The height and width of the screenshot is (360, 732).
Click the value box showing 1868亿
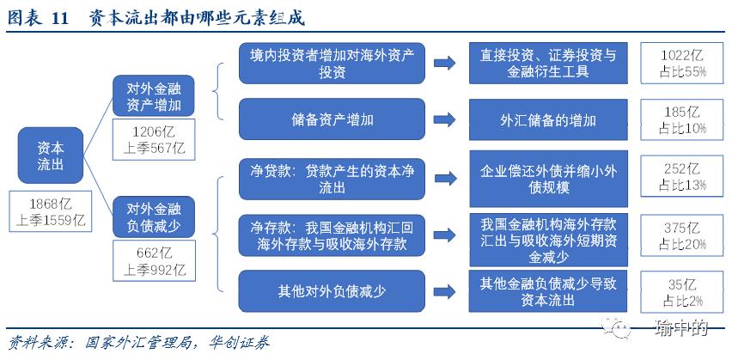click(x=51, y=211)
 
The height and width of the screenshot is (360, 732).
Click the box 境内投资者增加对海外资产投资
click(x=332, y=63)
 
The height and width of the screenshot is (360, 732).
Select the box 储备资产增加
click(x=332, y=119)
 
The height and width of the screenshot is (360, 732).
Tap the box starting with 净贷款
click(x=332, y=176)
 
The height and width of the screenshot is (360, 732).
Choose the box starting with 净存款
click(x=332, y=235)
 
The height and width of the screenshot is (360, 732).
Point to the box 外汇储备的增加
click(x=547, y=119)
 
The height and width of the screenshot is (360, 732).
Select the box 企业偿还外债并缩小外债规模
click(x=547, y=176)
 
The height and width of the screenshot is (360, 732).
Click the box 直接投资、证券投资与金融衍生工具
click(x=547, y=63)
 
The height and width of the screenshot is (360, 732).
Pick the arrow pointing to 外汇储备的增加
click(x=445, y=119)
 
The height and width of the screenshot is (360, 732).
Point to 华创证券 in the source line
click(x=235, y=343)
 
